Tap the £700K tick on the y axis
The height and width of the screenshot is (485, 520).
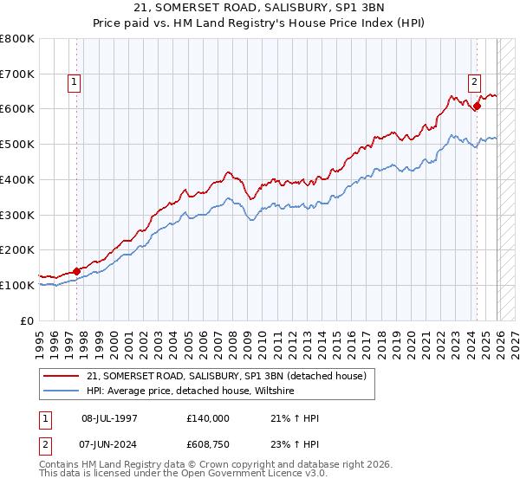[17, 74]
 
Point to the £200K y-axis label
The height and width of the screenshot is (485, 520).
[17, 249]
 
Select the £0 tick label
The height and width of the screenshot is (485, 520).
[26, 320]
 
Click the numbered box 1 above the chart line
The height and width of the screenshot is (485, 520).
[75, 82]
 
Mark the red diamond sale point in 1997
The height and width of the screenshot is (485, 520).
[76, 271]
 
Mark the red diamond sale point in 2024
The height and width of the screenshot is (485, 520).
[477, 107]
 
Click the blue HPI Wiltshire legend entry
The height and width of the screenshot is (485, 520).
[191, 391]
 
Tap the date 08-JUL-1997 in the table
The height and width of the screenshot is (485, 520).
[109, 417]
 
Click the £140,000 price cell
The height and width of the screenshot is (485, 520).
[207, 417]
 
